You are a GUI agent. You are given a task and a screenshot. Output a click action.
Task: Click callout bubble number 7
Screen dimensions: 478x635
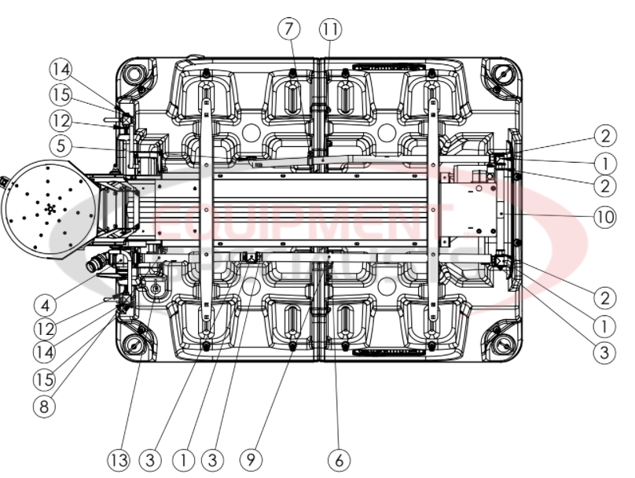tap(288, 30)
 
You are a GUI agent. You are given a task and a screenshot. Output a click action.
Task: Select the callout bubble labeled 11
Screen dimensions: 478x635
tap(331, 30)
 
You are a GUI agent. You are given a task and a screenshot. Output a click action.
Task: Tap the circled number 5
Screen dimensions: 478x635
tap(59, 145)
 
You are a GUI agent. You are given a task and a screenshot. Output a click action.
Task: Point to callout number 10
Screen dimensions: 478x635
tap(604, 216)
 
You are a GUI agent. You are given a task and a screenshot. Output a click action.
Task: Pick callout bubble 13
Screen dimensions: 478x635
tap(118, 459)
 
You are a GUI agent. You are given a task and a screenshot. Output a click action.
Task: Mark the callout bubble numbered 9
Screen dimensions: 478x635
tap(251, 459)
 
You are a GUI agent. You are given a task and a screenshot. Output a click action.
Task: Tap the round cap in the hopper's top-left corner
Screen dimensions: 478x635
tap(136, 75)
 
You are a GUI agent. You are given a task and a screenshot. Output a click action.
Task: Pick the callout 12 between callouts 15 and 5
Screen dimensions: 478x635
tap(59, 121)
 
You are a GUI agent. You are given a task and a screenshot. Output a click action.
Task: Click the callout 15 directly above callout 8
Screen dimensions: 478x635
tap(45, 379)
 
